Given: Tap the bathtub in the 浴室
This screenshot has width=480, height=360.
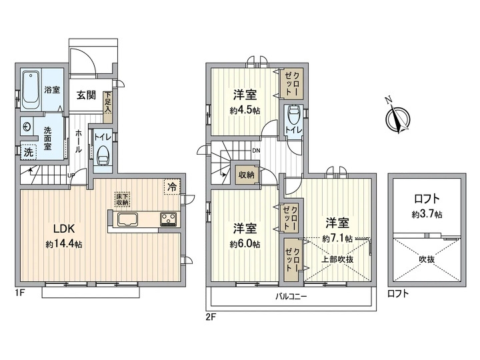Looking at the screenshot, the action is point(30,90).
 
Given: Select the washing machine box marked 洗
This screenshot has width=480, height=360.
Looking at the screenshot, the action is point(29,152).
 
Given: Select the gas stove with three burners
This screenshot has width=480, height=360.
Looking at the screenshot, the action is point(168,219).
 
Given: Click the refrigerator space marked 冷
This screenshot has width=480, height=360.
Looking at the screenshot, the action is point(173,187).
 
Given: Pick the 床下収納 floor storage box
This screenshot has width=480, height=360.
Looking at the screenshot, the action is point(123,199).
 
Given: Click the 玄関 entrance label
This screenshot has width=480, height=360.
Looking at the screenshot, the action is point(86,95).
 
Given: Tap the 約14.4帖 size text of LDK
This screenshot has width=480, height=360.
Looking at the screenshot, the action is point(64,244).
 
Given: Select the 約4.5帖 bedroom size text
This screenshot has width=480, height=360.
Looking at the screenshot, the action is point(245,110).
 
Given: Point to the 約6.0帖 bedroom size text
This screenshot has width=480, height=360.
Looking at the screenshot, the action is point(245,244).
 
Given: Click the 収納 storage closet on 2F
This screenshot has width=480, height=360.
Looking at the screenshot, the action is point(247,175).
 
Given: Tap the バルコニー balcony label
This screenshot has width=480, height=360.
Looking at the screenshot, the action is point(291,296).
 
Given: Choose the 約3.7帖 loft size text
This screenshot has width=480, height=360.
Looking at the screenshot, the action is point(427,214).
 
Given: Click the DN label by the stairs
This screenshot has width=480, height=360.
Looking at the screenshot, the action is point(256,151).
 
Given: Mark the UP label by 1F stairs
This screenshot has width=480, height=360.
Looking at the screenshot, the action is point(71,175).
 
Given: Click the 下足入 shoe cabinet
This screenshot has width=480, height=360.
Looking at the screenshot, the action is point(107,107).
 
